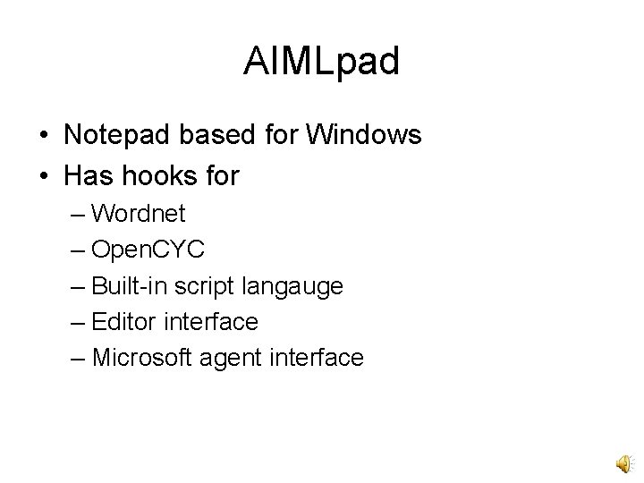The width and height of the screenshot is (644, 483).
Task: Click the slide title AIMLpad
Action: [321, 63]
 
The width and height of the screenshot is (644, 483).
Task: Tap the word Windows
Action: [364, 135]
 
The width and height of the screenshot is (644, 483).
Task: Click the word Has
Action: [87, 176]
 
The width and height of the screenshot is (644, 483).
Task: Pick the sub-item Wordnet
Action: [139, 214]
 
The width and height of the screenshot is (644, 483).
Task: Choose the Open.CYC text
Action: [148, 250]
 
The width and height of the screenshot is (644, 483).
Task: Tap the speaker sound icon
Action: [623, 462]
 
